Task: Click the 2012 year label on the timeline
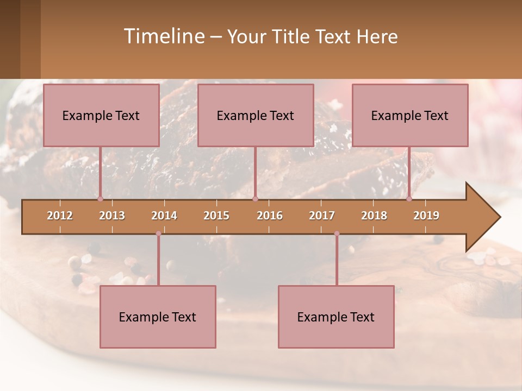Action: (60, 216)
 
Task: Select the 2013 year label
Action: (112, 216)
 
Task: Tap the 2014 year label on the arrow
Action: (164, 216)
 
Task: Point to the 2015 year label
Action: (216, 216)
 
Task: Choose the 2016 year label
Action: (270, 216)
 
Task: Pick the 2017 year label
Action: (322, 216)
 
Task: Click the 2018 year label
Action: (374, 216)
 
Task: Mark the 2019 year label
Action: (426, 216)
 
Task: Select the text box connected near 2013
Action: (101, 115)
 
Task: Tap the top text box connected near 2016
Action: (256, 115)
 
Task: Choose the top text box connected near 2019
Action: (410, 115)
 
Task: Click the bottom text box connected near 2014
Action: (158, 317)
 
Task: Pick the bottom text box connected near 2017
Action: (336, 317)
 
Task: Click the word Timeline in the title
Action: (164, 36)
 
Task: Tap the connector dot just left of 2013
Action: (100, 199)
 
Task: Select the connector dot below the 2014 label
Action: (158, 234)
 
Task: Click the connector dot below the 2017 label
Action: (337, 234)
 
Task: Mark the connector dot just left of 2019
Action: (409, 199)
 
